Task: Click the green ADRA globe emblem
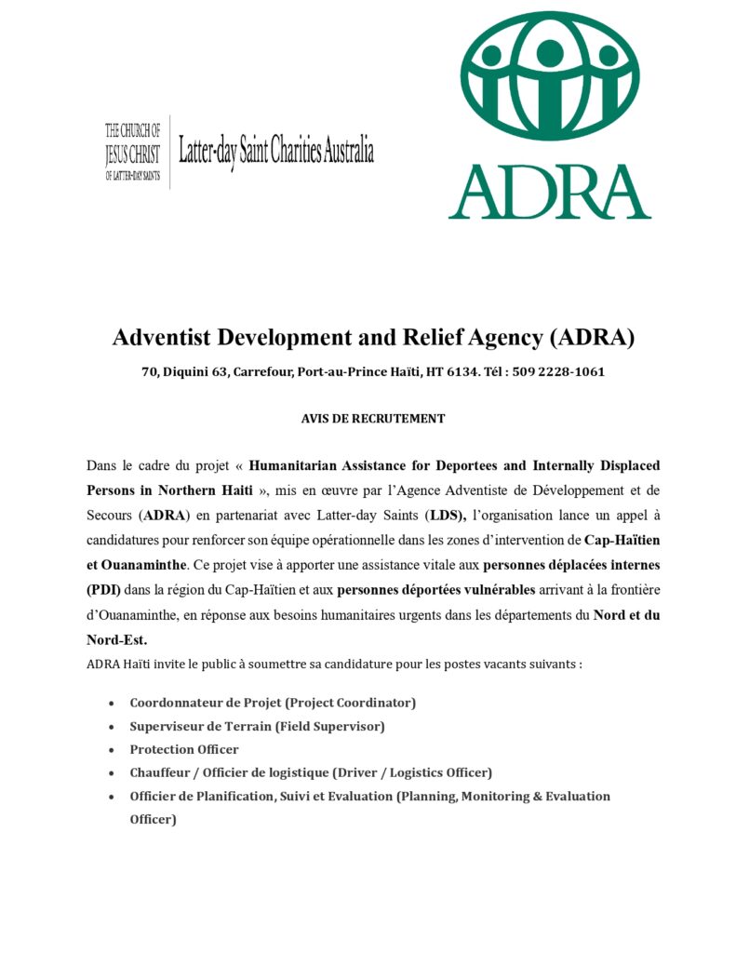551,75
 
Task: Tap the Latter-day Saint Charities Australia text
276,152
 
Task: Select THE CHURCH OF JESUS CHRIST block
132,152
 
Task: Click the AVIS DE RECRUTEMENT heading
372,419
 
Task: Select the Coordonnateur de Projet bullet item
273,702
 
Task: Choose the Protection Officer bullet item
184,749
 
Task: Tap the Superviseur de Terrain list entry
257,726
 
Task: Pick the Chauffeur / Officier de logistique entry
311,772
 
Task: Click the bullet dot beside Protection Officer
112,750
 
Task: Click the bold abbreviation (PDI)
103,589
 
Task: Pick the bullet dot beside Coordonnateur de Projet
112,703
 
